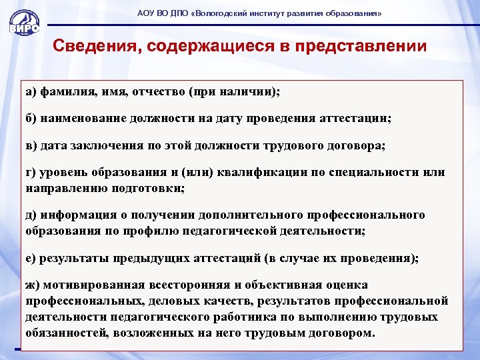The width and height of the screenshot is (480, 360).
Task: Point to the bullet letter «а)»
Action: click(32, 91)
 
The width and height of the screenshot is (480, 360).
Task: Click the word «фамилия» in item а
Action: click(68, 91)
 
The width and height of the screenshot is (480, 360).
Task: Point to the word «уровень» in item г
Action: click(64, 173)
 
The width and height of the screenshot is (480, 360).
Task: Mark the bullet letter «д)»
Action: click(33, 215)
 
